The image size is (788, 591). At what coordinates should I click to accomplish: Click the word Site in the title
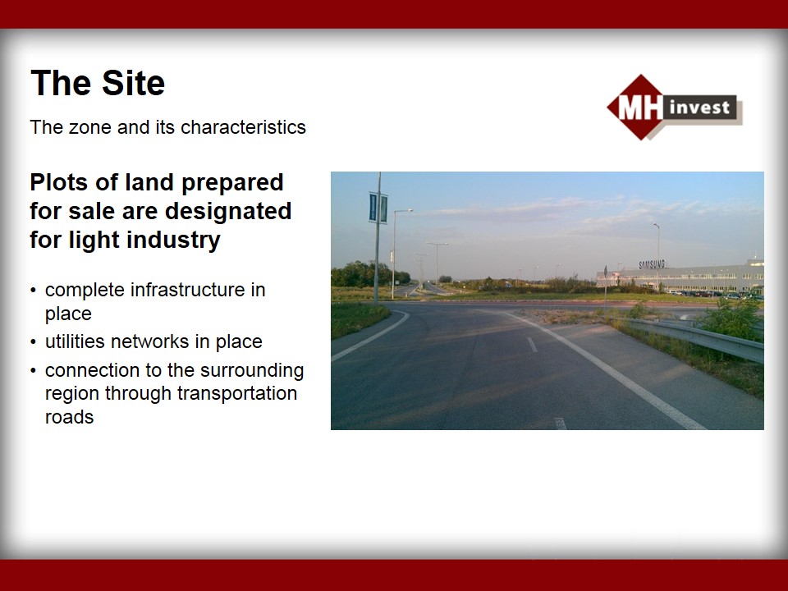133,83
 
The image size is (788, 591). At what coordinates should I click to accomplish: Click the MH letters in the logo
640,108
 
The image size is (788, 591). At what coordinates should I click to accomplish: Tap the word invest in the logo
699,107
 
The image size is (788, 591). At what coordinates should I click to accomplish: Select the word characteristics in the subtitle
243,127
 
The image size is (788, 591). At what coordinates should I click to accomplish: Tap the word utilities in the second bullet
76,341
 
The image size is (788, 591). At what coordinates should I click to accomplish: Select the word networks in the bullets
150,341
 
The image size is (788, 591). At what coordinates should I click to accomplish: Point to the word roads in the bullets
69,417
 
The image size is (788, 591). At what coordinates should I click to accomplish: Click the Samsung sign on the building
652,264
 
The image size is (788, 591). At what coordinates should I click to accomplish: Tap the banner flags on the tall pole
378,208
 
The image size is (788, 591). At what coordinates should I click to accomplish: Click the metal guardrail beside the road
694,338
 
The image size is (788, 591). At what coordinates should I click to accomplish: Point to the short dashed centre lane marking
532,345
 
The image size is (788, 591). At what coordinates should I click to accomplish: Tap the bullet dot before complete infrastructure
33,291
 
